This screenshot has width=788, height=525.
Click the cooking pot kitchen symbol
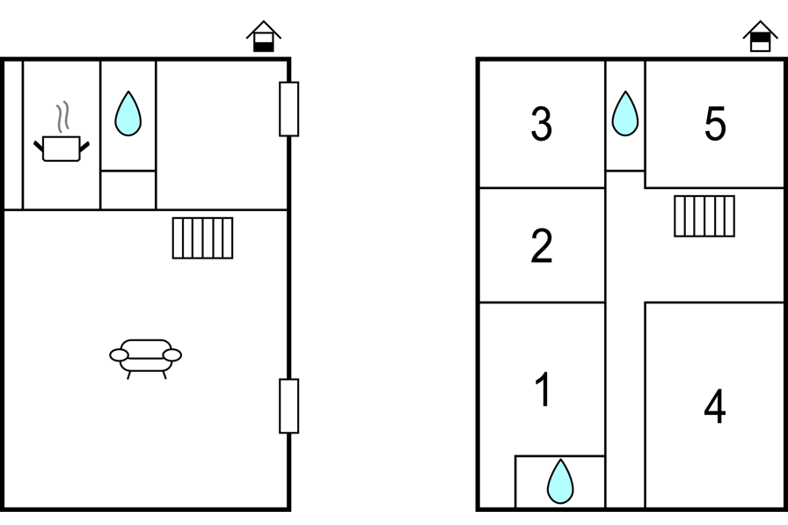click(62, 149)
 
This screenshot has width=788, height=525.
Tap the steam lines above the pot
click(62, 117)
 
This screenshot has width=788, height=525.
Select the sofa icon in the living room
click(146, 358)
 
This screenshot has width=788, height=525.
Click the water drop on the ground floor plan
click(128, 113)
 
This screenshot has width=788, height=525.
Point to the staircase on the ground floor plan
click(202, 237)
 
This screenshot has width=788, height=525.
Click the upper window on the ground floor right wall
click(289, 109)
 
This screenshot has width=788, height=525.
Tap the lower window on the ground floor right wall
click(289, 406)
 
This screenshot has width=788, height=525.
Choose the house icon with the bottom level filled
click(264, 36)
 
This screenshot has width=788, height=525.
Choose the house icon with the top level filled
click(761, 36)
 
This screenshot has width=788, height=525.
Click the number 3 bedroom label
click(541, 124)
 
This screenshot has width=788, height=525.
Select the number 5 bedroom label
click(715, 124)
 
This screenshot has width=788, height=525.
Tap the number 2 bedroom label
click(541, 245)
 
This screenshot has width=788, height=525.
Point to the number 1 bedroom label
click(544, 390)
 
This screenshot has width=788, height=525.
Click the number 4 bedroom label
click(715, 406)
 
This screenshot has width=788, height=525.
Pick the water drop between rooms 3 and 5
click(625, 113)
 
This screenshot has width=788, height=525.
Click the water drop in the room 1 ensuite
click(560, 481)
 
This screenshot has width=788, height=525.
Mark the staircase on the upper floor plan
click(704, 216)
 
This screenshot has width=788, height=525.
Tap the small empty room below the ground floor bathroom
click(128, 190)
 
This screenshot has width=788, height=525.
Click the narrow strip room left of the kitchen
click(13, 135)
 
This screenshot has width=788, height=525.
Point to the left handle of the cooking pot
click(38, 146)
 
